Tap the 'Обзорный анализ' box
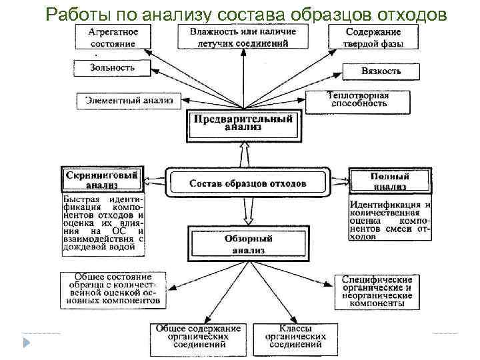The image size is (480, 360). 248,244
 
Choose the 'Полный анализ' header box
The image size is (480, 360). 389,180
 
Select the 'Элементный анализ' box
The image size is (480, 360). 128,101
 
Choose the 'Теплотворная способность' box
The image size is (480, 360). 357,100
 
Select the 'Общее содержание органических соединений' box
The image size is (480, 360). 197,337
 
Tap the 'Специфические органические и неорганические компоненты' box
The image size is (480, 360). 377,291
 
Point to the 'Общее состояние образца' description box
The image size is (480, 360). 111,289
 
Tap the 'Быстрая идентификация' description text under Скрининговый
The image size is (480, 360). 103,223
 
